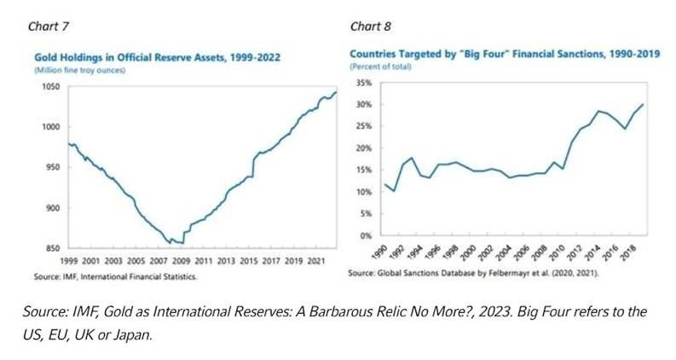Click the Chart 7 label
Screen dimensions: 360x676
[x=49, y=27]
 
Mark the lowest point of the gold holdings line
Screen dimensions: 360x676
[x=182, y=243]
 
